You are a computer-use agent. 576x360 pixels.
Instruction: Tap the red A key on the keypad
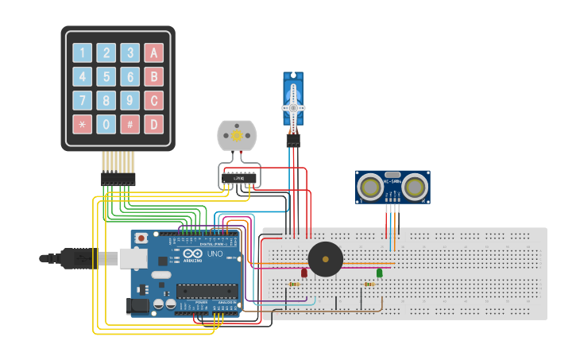pos(153,53)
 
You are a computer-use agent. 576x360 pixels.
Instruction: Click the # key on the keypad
pos(130,124)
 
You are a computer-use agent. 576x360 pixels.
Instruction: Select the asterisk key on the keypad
pos(82,124)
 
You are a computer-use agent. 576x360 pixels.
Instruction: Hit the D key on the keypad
pos(153,124)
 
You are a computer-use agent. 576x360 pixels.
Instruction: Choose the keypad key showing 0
pos(106,124)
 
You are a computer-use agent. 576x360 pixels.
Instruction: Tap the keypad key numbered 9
pos(130,101)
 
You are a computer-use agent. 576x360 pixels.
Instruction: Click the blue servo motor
pos(293,99)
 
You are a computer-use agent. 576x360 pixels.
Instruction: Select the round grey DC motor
pos(237,136)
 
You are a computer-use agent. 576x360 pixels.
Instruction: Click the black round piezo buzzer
pos(325,259)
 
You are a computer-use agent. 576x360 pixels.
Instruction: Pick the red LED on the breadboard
pos(303,273)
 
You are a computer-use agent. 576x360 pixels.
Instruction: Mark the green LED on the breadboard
pos(379,273)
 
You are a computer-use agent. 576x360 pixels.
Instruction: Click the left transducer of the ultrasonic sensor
pos(369,187)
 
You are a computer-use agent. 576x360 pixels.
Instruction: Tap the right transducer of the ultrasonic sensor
pos(414,187)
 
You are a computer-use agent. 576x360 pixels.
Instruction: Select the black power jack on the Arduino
pos(139,305)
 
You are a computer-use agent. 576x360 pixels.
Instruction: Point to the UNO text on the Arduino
pos(215,254)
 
